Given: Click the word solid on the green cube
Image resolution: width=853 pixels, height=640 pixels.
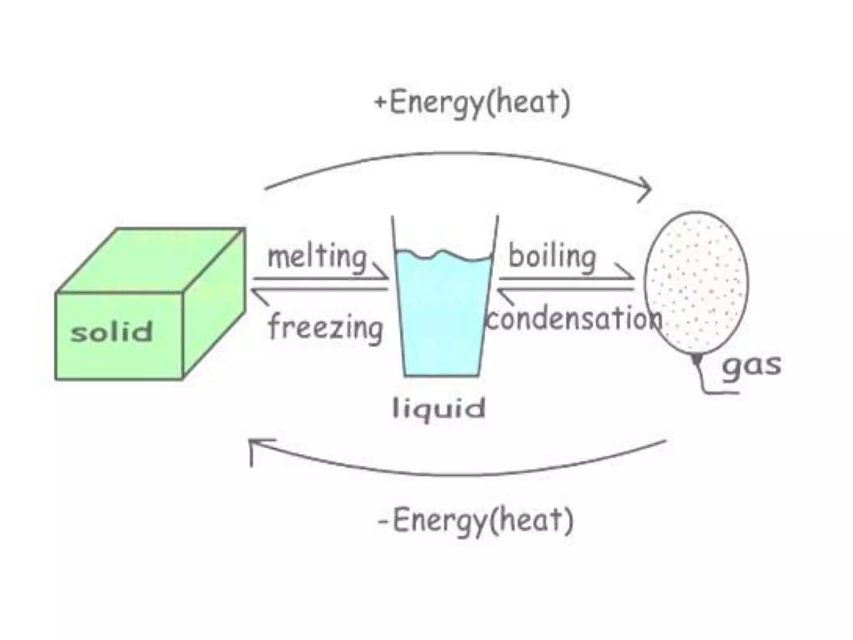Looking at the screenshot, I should [x=112, y=332].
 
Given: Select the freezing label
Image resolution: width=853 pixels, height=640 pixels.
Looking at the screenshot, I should [x=325, y=327].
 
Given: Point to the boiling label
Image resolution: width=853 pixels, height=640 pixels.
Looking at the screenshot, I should [x=552, y=257].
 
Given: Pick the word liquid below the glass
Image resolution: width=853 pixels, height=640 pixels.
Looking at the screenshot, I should [x=439, y=408].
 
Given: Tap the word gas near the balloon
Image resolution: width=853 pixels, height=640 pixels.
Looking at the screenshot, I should [x=751, y=366].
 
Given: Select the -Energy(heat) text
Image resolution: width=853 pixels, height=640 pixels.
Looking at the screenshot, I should [x=475, y=520].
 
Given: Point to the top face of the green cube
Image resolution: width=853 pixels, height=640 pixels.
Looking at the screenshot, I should [x=150, y=260].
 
